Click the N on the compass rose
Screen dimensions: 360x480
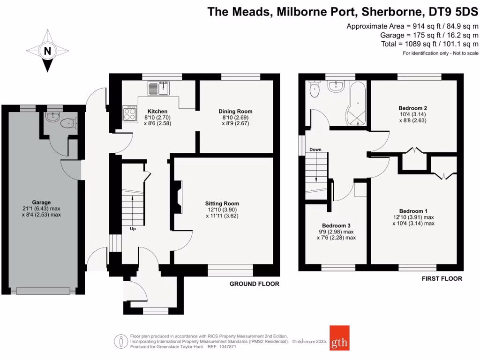point(47,51)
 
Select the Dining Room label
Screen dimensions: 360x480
point(235,111)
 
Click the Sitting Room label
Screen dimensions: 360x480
point(222,203)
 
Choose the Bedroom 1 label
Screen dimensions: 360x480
point(413,211)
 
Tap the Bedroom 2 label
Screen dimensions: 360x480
point(413,108)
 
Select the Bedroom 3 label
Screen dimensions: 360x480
point(336,225)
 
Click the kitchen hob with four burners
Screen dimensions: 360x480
point(130,113)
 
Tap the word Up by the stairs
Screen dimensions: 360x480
point(134,229)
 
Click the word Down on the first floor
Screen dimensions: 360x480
point(315,150)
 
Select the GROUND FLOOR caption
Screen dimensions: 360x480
point(254,284)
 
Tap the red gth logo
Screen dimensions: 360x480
point(339,338)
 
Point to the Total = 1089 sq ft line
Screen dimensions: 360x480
point(429,44)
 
